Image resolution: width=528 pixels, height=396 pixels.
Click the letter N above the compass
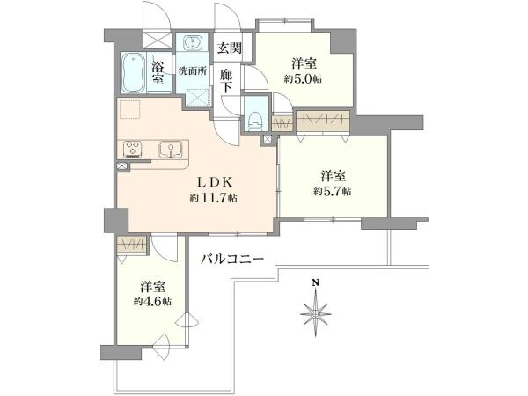(314, 283)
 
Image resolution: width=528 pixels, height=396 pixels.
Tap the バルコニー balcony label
(232, 260)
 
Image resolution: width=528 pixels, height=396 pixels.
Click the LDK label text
(214, 182)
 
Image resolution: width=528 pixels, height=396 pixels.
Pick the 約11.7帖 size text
(214, 199)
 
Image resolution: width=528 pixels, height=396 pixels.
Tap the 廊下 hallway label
(226, 81)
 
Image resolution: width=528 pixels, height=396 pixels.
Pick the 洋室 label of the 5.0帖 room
(304, 63)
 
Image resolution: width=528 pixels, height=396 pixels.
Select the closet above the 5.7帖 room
(324, 121)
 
